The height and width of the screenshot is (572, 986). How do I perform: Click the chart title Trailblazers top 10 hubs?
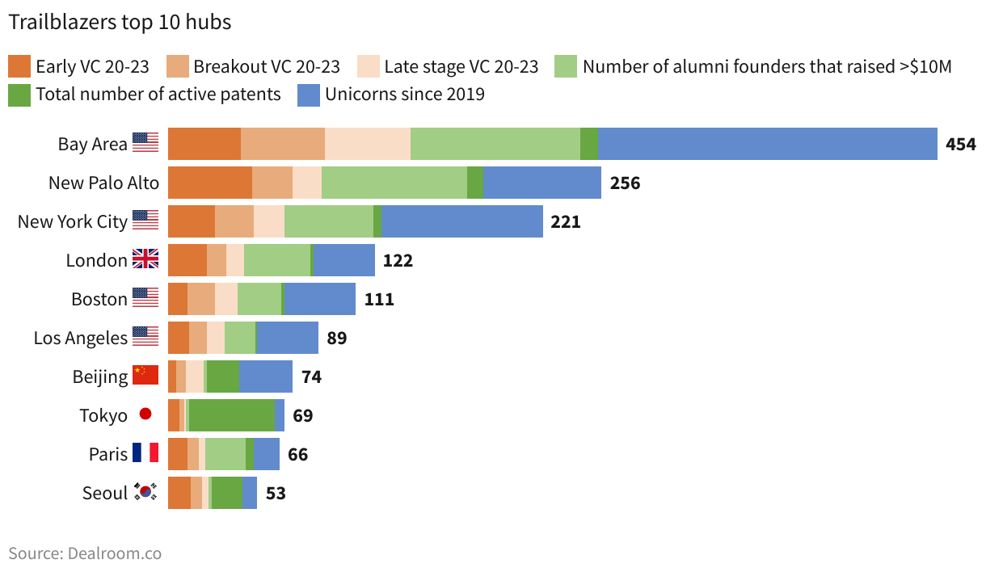(120, 23)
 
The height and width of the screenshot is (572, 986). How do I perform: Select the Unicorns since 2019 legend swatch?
(309, 95)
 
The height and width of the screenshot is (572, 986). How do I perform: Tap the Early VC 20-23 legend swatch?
(19, 66)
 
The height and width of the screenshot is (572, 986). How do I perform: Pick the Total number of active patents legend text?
(158, 95)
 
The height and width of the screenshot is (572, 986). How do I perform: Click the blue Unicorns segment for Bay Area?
(767, 144)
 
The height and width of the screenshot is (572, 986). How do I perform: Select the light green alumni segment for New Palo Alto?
(394, 183)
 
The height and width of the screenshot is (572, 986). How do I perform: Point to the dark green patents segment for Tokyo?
(232, 415)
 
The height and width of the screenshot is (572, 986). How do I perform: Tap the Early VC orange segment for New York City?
(192, 221)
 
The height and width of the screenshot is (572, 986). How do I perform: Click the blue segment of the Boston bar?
(320, 299)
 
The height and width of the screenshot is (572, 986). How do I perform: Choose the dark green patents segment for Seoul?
(226, 493)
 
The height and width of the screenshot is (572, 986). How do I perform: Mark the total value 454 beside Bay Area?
(961, 145)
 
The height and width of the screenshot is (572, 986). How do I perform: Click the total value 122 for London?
(398, 261)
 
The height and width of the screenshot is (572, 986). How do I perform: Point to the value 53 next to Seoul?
(276, 494)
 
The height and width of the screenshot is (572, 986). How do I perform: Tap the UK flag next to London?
(145, 260)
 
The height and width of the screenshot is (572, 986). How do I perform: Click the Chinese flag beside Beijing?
(145, 376)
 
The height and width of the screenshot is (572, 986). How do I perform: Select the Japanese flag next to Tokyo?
(145, 415)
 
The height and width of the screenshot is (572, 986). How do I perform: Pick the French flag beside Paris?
(145, 454)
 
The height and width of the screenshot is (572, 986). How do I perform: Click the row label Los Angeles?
(80, 339)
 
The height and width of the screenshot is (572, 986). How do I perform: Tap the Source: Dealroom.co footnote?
(85, 553)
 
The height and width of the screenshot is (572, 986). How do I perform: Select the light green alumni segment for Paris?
(225, 454)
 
